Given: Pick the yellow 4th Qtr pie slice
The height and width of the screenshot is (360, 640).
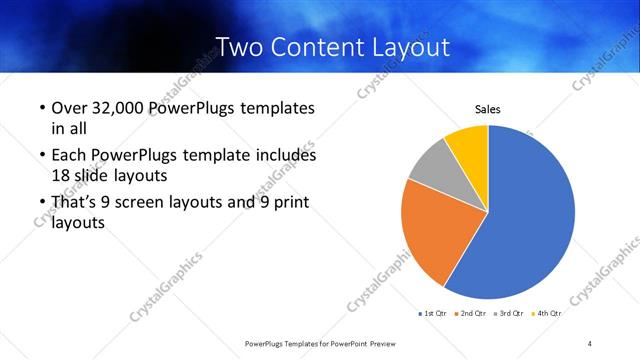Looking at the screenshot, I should coord(468,142).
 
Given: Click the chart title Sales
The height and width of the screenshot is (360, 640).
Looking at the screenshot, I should coord(487,109).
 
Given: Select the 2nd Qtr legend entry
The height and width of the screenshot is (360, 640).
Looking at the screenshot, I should coord(472,313).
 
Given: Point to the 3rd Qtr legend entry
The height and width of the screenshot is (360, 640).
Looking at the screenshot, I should coord(510,313).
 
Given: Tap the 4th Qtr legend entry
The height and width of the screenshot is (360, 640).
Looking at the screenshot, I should coord(547,313).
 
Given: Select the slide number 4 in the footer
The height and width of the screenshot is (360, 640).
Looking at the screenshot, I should coord(590,343).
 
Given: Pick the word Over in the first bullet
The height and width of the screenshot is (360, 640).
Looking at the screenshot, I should coord(69,108).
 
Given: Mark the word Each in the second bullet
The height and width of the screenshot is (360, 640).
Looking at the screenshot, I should coord(69,155).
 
